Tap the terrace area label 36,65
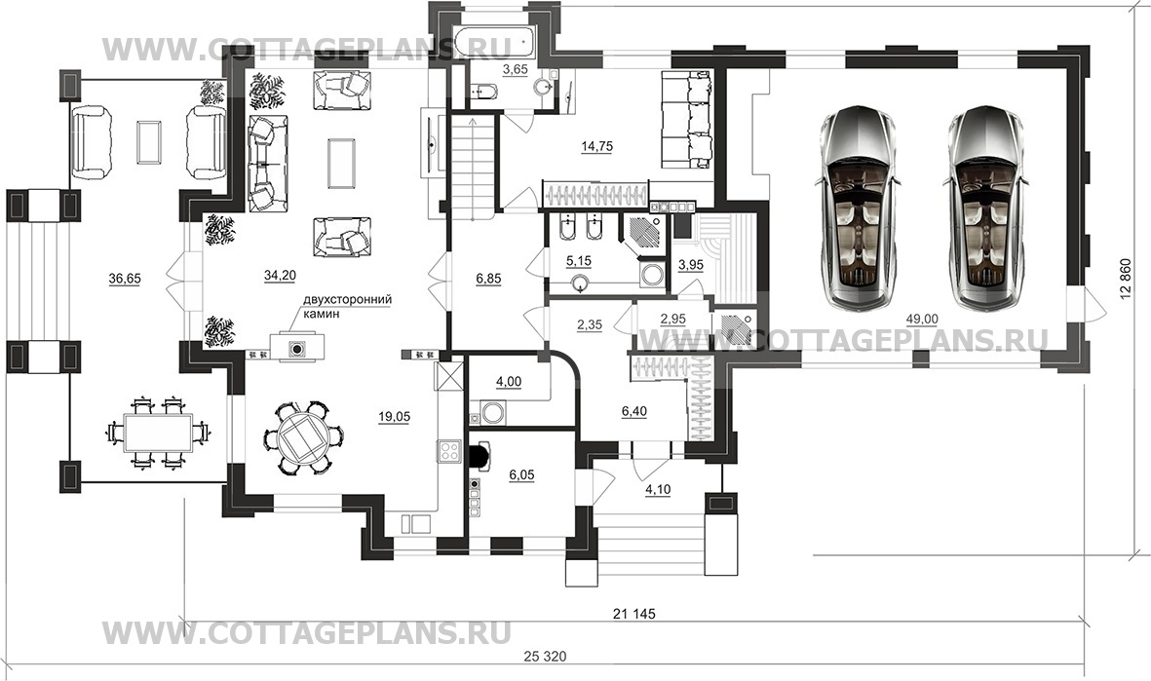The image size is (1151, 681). (x=126, y=279)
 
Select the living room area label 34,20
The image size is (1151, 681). (x=280, y=276)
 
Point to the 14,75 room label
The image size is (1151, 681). (x=597, y=146)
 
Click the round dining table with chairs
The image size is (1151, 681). (x=297, y=437)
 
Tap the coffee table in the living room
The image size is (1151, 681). (x=341, y=161)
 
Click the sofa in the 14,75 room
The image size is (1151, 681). (x=687, y=119)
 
